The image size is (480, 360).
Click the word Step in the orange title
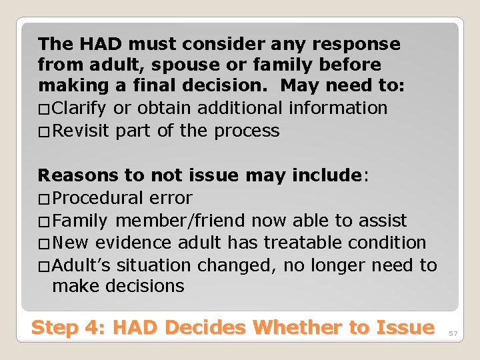pos(58,328)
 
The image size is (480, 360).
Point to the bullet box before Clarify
pos(44,109)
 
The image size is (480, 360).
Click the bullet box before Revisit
pos(44,131)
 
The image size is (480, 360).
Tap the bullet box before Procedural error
pos(44,199)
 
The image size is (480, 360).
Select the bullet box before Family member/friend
pos(44,221)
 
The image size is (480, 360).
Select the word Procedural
pos(97,199)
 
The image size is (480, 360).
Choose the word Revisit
pos(81,131)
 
